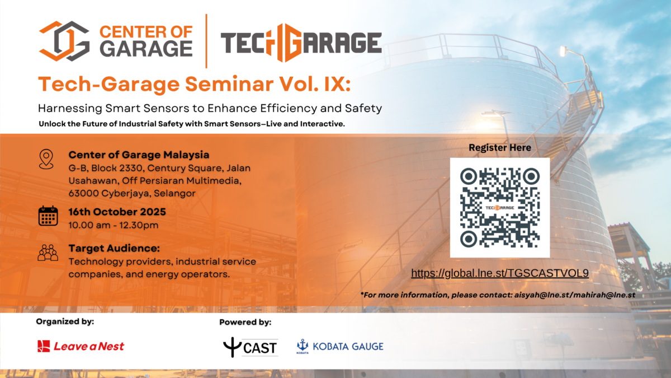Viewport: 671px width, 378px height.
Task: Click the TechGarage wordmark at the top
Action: click(301, 43)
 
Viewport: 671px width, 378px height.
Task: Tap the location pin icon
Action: click(47, 159)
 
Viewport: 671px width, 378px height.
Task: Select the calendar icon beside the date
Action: click(48, 216)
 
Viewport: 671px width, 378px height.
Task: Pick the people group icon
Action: click(48, 253)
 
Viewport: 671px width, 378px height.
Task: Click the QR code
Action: click(499, 207)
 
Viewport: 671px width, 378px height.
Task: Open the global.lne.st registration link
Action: click(500, 273)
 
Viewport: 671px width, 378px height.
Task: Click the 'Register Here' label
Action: click(500, 148)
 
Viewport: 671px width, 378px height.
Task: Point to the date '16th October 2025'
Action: click(117, 213)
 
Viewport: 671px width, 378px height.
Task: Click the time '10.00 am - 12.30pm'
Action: click(114, 226)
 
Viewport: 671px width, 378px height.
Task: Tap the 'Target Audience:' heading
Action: click(114, 248)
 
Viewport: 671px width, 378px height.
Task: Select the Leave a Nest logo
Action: click(81, 346)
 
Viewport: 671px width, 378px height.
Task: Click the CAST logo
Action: click(250, 347)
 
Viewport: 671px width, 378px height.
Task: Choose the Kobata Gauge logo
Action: click(339, 347)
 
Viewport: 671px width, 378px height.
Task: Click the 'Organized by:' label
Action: click(65, 321)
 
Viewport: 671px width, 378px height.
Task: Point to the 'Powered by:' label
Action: click(245, 322)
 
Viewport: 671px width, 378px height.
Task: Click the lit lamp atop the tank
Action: click(563, 51)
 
